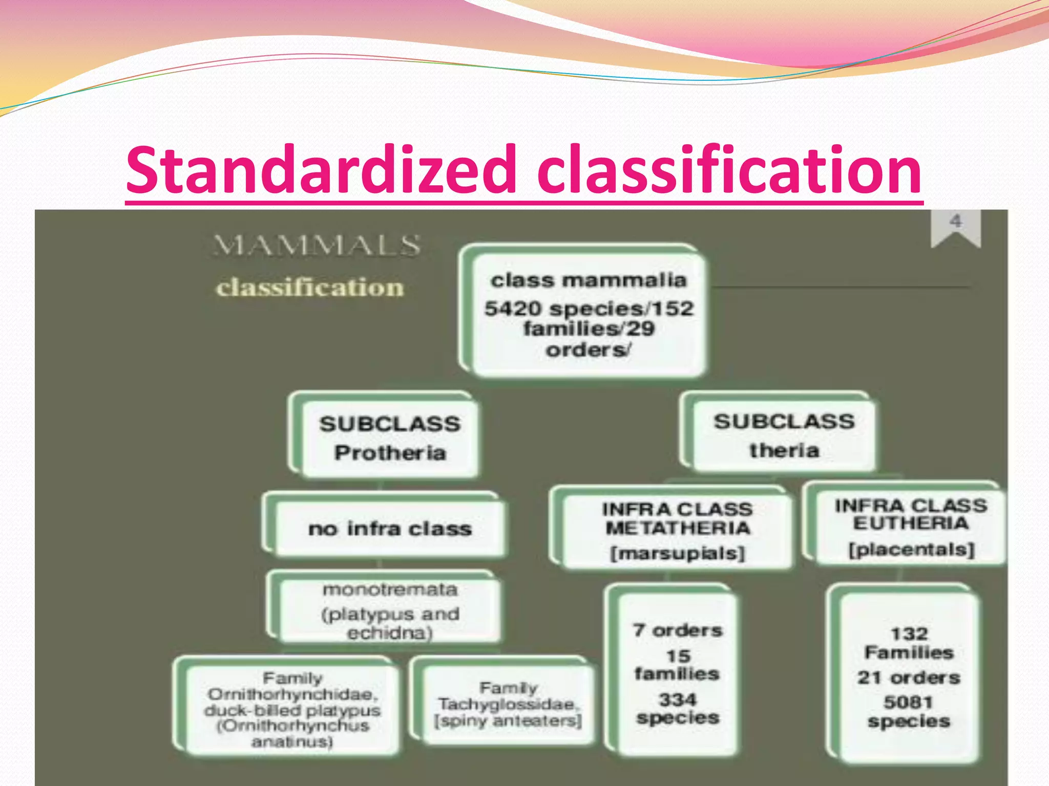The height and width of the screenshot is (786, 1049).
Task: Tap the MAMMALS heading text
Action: [317, 245]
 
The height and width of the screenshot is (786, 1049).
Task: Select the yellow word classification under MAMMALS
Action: [310, 287]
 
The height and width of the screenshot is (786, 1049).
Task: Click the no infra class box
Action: [390, 529]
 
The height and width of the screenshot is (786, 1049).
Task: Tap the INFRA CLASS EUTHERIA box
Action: [911, 527]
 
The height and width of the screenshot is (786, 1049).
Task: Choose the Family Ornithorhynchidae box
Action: [292, 709]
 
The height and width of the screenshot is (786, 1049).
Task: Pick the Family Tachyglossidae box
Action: [508, 704]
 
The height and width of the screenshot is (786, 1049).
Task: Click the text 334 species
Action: [678, 709]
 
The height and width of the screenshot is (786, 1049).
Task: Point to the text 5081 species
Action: [909, 712]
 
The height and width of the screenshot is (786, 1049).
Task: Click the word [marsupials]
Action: [677, 553]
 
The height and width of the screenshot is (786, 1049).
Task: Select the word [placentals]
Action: [911, 550]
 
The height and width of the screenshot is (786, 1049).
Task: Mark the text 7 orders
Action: [677, 630]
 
